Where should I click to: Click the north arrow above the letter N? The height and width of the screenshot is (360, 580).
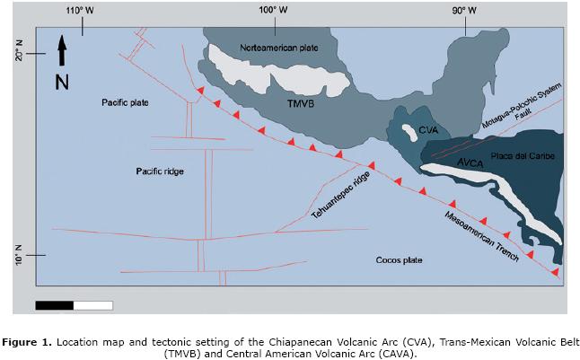61,50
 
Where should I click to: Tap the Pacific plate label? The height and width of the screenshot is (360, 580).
125,102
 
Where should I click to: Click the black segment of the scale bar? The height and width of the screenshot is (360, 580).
54,305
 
